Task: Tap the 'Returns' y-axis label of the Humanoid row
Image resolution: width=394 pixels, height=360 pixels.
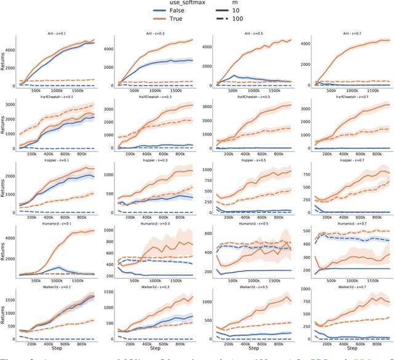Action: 4,252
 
